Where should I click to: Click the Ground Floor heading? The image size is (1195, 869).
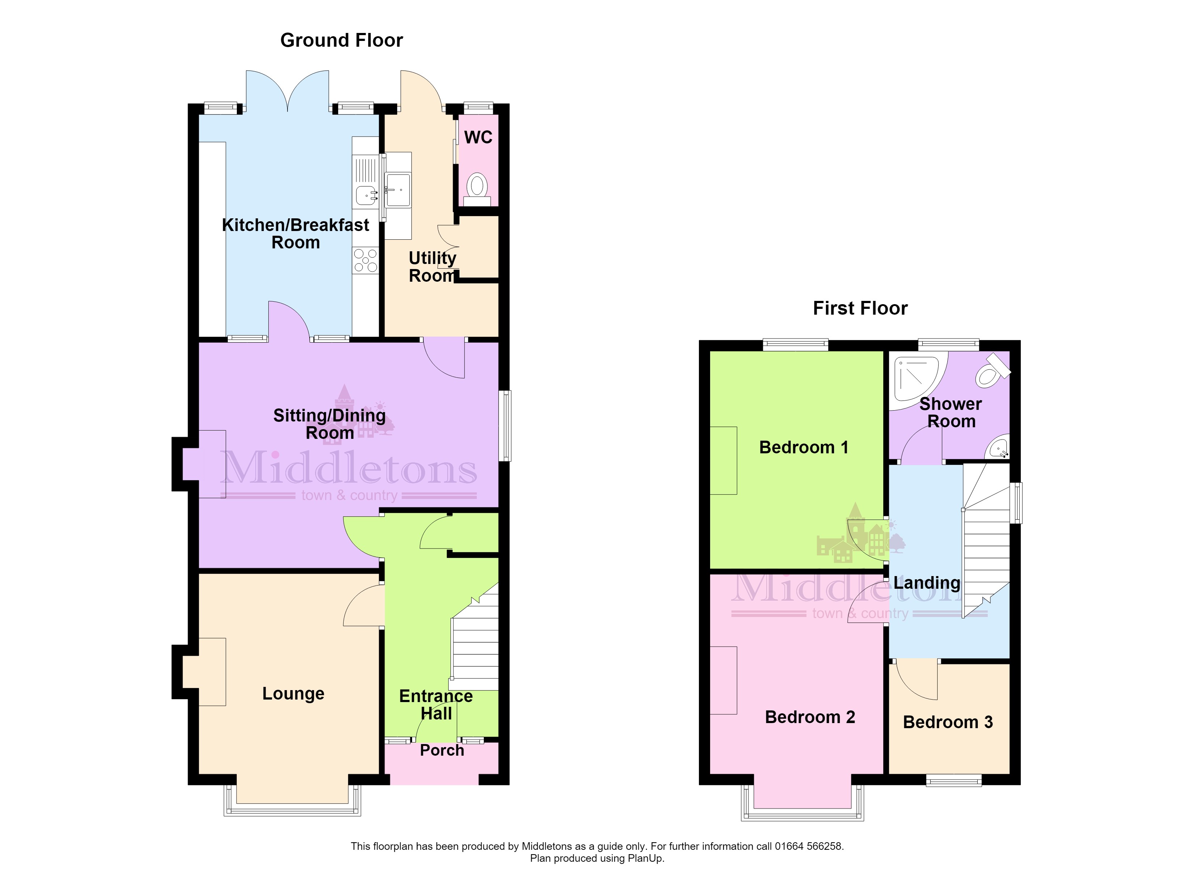[x=341, y=41]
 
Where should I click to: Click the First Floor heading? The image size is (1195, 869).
[x=860, y=308]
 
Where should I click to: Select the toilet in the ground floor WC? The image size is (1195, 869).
[x=477, y=189]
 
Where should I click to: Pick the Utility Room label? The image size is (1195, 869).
[x=433, y=266]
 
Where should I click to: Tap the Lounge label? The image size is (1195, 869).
[x=293, y=693]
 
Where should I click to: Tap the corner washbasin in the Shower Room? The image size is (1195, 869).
[x=998, y=448]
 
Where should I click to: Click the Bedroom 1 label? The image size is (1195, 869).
[x=804, y=448]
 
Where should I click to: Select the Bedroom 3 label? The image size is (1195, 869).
[x=948, y=722]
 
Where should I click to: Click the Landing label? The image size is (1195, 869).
[x=927, y=583]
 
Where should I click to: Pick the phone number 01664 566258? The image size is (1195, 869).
[x=808, y=846]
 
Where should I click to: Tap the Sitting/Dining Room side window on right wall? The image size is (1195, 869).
[x=505, y=426]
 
